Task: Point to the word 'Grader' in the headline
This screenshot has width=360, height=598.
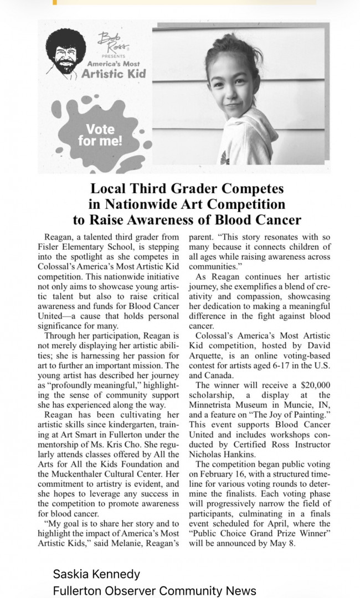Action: pyautogui.click(x=224, y=188)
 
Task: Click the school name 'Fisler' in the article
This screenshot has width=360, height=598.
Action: pyautogui.click(x=52, y=246)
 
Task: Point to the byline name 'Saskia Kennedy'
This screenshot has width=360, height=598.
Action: pyautogui.click(x=96, y=574)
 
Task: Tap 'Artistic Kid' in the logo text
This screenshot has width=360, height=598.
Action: pyautogui.click(x=114, y=74)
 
